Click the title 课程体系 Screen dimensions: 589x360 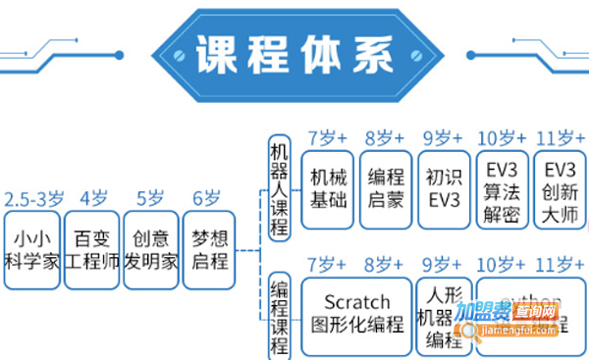point(294,52)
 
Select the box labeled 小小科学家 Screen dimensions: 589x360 point(32,250)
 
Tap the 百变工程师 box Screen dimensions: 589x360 point(92,250)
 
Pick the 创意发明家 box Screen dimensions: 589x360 point(151,250)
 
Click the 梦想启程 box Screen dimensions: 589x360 point(209,250)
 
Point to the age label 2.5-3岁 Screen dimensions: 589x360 point(31,197)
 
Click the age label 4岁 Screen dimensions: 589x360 point(93,197)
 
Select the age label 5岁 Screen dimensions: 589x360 point(150,197)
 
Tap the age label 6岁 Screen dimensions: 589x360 point(207,197)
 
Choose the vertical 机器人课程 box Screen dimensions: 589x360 point(280,186)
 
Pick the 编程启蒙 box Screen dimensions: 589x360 point(386,189)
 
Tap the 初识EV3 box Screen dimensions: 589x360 point(444,189)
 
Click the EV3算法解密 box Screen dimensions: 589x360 point(502,189)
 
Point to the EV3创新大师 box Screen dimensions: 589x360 point(559,189)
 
